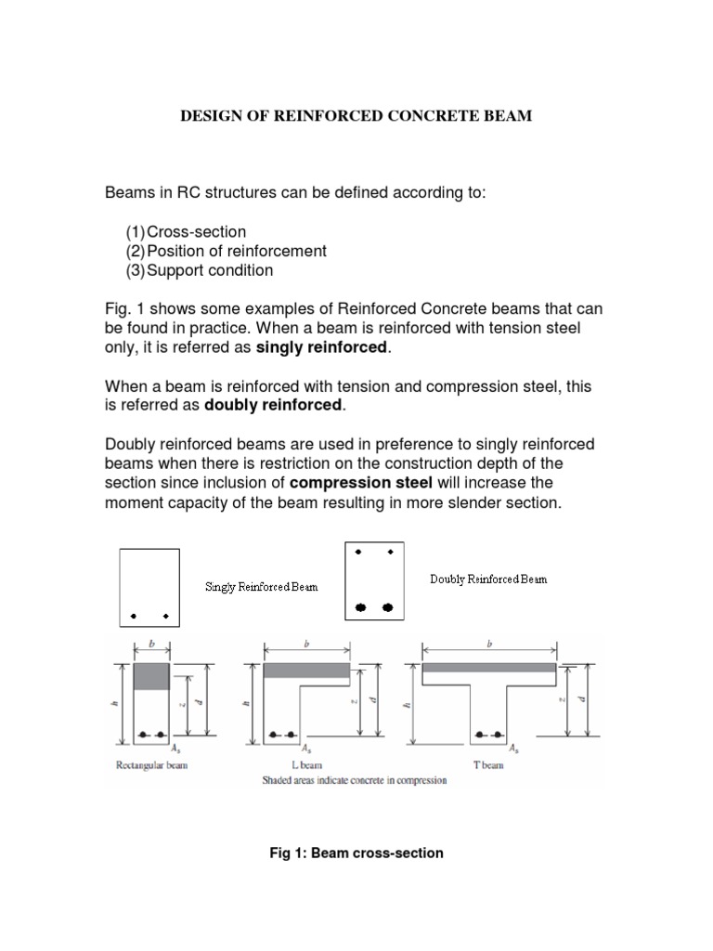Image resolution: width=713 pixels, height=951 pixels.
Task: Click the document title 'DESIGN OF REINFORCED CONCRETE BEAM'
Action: (x=356, y=121)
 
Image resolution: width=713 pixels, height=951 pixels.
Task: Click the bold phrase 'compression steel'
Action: (x=361, y=483)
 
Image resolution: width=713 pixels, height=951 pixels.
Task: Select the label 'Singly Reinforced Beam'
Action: (x=261, y=587)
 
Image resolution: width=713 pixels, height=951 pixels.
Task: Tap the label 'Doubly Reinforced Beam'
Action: (x=488, y=579)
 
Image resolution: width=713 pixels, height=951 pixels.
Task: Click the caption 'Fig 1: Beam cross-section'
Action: (x=356, y=853)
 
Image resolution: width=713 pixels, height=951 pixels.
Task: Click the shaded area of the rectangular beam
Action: (x=151, y=676)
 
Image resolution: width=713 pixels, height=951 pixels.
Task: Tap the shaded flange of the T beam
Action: (x=489, y=668)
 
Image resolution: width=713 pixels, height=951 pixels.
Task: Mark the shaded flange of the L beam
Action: (x=306, y=670)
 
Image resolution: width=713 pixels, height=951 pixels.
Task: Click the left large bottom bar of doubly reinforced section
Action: (x=361, y=607)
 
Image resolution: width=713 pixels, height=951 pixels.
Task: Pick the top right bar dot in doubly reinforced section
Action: (x=391, y=553)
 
